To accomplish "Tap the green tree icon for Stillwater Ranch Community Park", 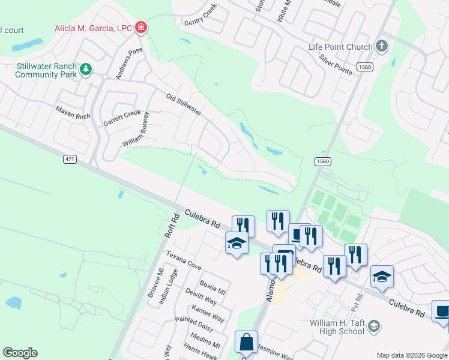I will (x=86, y=70).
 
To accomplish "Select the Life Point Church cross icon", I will (x=381, y=46).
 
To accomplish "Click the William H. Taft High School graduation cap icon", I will (x=373, y=326).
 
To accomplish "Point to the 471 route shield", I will (x=70, y=158).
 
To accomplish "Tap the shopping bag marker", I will (x=246, y=343).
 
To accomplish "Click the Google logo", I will (x=20, y=353).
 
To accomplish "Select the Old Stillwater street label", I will (x=183, y=104).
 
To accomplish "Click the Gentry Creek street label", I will (x=200, y=16).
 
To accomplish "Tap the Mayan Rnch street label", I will (x=71, y=110).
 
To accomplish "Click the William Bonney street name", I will (x=136, y=133).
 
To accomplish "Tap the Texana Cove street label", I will (x=184, y=259).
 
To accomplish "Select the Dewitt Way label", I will (x=200, y=296).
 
